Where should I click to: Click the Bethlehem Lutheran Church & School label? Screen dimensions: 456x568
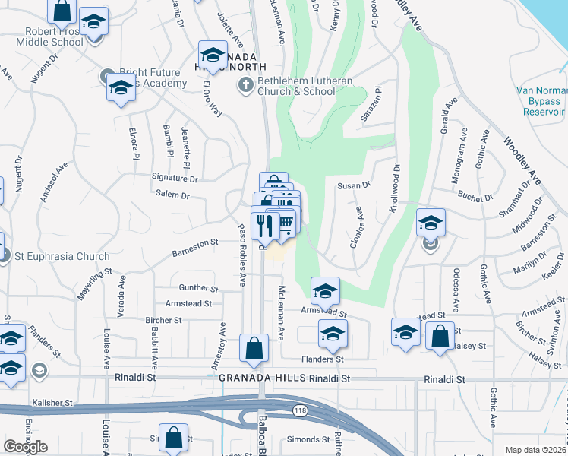(296, 86)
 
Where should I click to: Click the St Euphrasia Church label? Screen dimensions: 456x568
(46, 256)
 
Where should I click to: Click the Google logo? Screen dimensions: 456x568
(25, 447)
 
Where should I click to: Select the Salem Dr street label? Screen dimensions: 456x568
(172, 195)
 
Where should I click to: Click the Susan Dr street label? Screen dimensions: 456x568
(353, 185)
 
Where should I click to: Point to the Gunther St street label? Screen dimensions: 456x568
(198, 289)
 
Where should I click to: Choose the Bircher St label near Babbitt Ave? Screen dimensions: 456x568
(163, 320)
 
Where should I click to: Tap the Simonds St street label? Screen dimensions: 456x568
(306, 440)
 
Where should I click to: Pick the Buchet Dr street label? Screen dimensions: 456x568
(476, 198)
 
